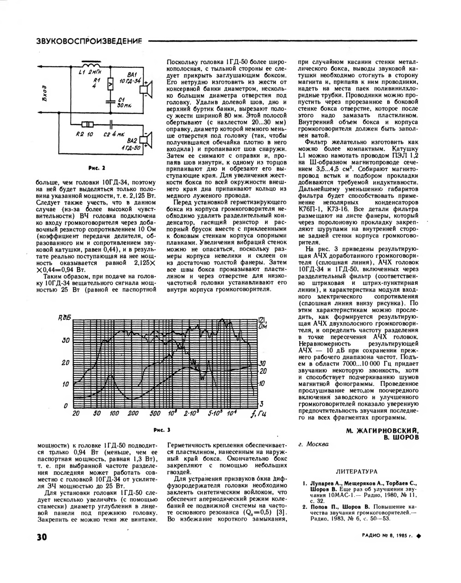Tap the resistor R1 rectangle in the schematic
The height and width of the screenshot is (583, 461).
(x=110, y=84)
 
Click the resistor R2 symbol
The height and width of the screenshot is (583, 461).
(x=86, y=124)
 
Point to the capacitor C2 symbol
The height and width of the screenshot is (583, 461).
(x=111, y=124)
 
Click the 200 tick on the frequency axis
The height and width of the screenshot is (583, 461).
(x=133, y=413)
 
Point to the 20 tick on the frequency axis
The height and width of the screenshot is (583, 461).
(x=76, y=413)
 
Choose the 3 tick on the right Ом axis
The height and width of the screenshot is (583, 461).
(x=261, y=403)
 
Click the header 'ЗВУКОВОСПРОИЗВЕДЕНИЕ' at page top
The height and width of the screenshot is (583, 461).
(x=89, y=41)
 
